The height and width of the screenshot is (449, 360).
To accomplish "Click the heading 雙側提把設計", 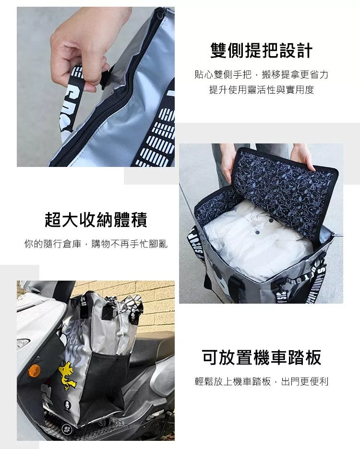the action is coord(261,50).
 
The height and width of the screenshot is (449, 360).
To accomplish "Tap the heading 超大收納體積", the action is coord(96,220).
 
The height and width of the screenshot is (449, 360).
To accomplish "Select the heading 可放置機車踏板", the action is coord(262,357).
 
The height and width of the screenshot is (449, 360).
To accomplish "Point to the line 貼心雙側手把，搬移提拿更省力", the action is coord(261,74).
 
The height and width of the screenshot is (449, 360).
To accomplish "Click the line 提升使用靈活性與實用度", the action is coord(262,90).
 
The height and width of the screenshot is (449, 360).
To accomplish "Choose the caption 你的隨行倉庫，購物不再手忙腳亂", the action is coord(96,244).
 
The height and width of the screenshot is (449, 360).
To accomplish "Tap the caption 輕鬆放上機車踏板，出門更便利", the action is coord(262,381).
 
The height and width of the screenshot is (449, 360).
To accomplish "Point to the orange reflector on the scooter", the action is coord(34,370).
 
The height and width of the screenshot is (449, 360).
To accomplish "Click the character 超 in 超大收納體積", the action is coord(53,220).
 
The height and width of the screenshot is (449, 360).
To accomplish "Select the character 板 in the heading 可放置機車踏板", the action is coord(313,357).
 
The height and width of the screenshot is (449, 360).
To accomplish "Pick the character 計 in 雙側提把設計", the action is coord(304,50).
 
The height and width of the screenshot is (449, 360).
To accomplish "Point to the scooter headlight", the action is coord(23,343).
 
